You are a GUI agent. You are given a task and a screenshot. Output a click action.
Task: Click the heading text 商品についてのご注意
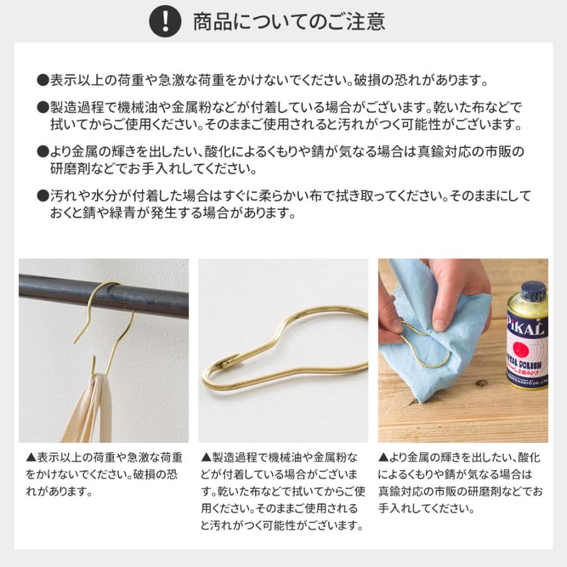coord(289,21)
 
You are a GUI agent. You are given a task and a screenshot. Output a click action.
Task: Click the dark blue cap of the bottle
coord(532,290)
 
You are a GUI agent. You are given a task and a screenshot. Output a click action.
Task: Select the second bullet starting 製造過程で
coord(280,115)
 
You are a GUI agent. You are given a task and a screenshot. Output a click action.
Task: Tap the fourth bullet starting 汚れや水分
coord(283,203)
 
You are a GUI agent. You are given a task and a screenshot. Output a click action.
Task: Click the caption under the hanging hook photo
coord(104,473)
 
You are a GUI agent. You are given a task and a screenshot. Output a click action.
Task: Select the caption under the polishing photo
coord(460,482)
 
